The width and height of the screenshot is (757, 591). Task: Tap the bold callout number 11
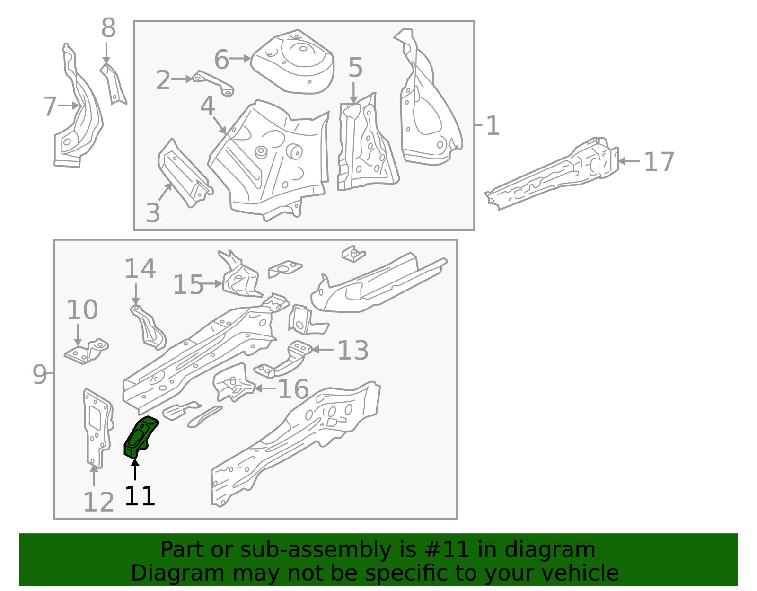(x=140, y=496)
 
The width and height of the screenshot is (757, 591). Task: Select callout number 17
(x=659, y=162)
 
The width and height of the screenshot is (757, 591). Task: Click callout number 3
(x=153, y=213)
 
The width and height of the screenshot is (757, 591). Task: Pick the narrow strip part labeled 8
(x=114, y=85)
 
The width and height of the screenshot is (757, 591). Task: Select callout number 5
(x=355, y=68)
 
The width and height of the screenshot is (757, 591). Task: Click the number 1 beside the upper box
(x=493, y=126)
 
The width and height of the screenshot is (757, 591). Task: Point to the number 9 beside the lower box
(x=40, y=374)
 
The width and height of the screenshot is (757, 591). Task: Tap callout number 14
(x=140, y=269)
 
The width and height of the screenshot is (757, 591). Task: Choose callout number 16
(x=293, y=389)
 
